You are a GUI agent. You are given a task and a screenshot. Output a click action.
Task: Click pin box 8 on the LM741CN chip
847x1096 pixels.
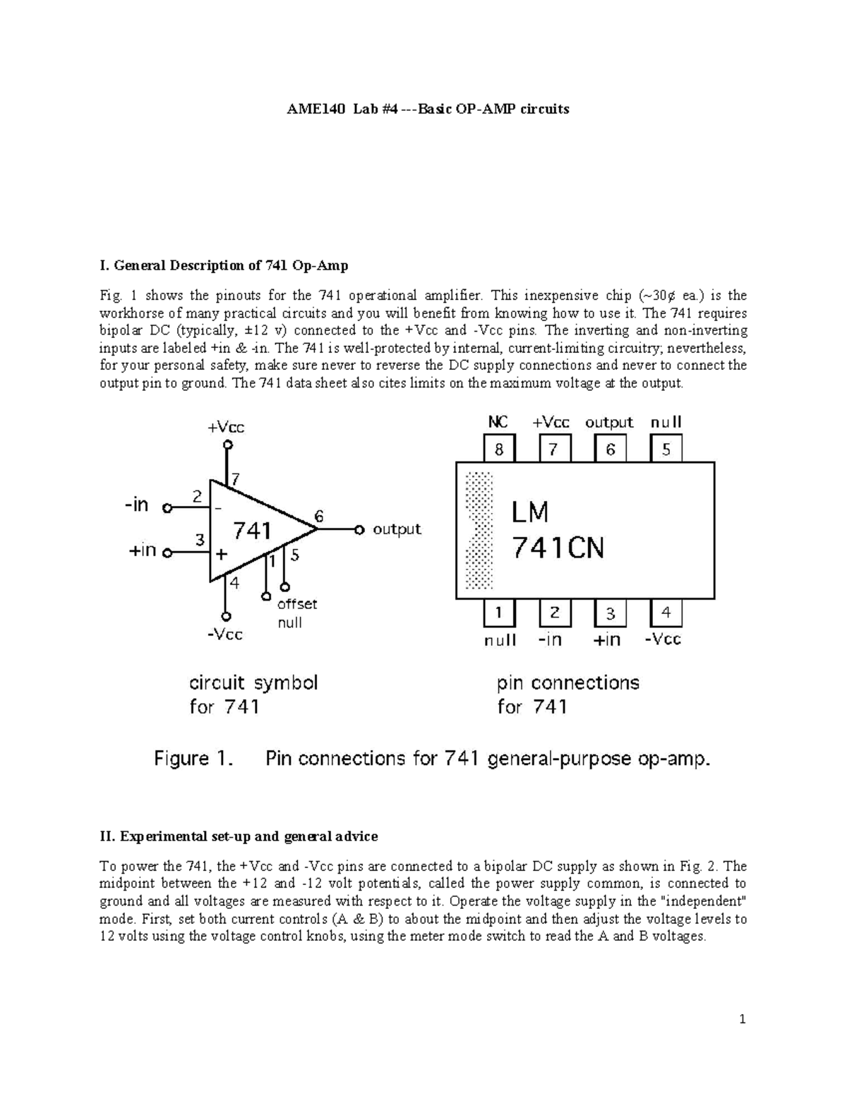[499, 449]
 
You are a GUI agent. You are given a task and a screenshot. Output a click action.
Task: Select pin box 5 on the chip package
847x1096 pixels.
[666, 449]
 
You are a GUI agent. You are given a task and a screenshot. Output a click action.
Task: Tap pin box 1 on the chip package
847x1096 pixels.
[499, 613]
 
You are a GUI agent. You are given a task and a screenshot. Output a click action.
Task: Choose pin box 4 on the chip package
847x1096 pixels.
[666, 613]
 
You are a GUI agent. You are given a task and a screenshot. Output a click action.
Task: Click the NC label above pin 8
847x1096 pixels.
[498, 422]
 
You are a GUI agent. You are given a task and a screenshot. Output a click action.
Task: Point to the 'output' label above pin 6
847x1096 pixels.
[609, 422]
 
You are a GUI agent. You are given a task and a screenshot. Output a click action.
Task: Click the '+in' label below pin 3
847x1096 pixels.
[607, 639]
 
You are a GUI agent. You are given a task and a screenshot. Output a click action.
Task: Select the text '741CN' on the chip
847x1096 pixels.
[558, 548]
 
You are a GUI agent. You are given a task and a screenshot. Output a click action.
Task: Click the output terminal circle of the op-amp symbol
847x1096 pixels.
[359, 529]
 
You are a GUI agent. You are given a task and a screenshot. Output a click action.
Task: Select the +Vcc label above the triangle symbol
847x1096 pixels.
[226, 426]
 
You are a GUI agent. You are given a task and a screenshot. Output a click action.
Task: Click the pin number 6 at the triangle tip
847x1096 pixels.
[319, 516]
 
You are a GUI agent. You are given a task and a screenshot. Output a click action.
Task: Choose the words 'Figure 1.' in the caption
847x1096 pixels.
[193, 759]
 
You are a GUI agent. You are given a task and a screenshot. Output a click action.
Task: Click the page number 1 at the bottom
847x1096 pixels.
[743, 1019]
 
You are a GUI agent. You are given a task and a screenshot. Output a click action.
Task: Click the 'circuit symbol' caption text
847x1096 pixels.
[253, 682]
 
